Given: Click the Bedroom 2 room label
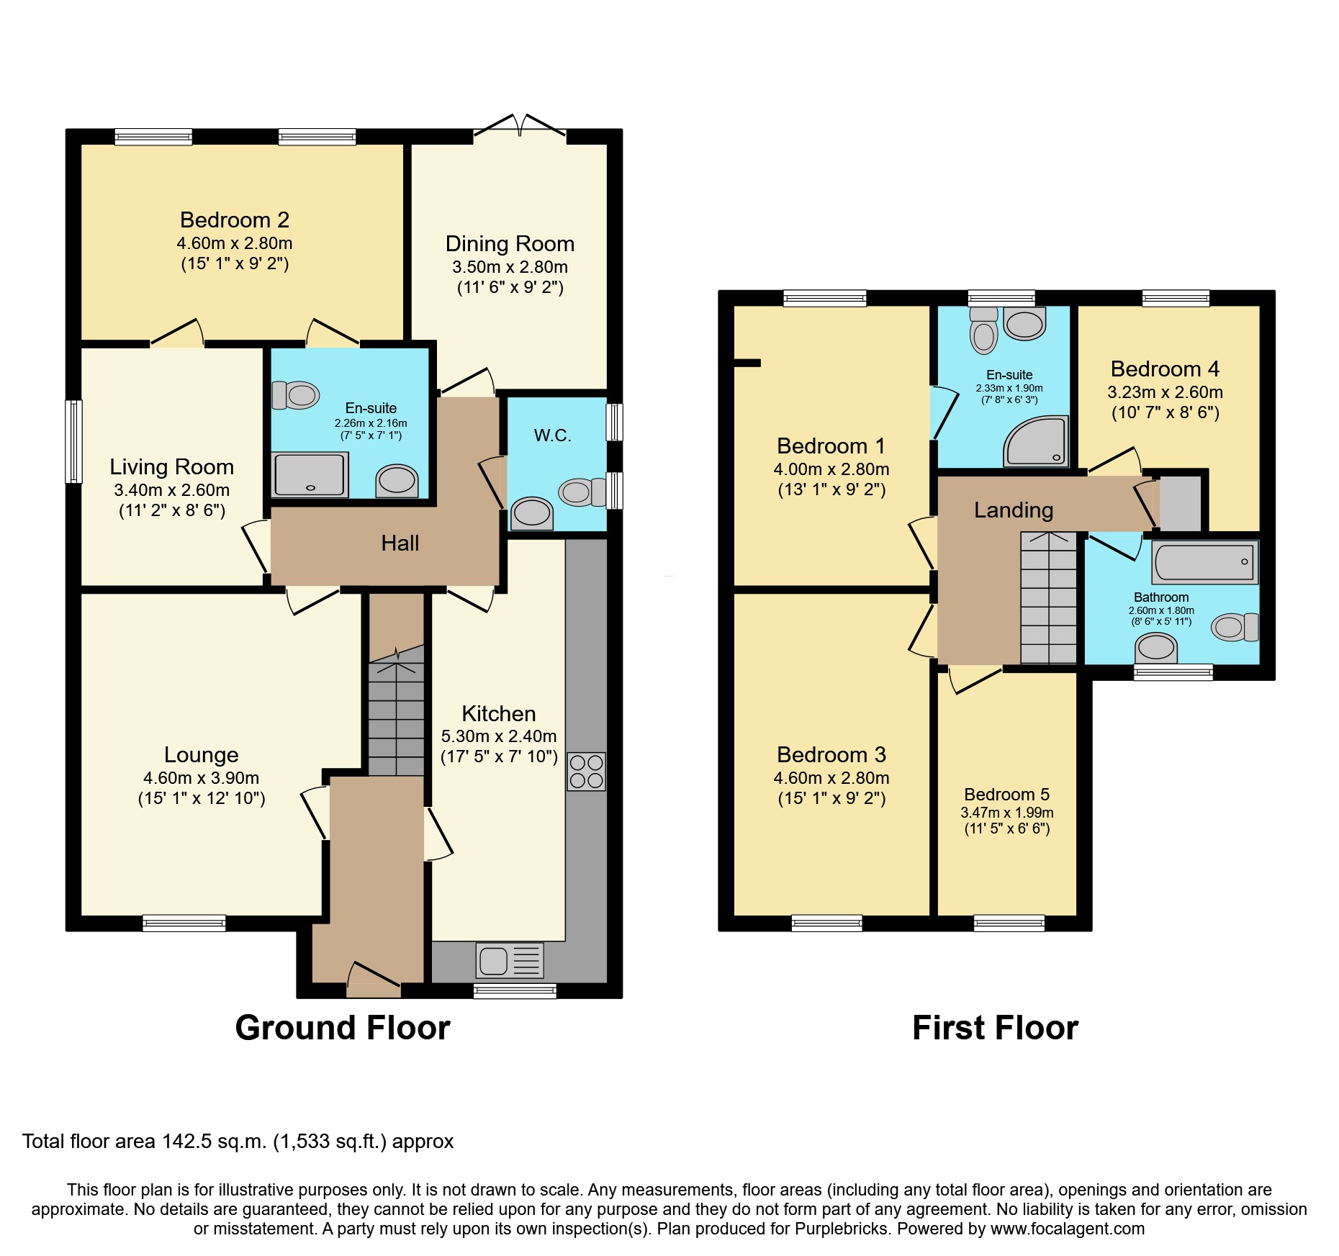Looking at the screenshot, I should click(x=235, y=220).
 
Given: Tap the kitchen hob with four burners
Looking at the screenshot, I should click(x=586, y=772).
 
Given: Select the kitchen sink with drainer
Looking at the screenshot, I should click(x=509, y=961).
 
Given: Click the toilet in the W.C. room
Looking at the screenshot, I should click(x=583, y=492).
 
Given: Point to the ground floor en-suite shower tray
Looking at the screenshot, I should click(x=310, y=474).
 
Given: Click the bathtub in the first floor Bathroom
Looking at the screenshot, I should click(x=1204, y=563).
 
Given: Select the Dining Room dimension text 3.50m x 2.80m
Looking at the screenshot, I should click(x=510, y=267).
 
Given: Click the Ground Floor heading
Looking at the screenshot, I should click(x=343, y=1028).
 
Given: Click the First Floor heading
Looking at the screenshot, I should click(x=995, y=1028).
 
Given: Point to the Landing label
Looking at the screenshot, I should click(x=1013, y=510).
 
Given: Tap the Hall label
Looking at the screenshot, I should click(x=400, y=543).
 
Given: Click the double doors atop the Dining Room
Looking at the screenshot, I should click(x=519, y=127).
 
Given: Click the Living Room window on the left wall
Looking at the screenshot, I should click(x=73, y=440).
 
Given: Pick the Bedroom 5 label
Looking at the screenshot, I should click(x=1006, y=795).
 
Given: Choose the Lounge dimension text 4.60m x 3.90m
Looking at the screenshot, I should click(x=201, y=778).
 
